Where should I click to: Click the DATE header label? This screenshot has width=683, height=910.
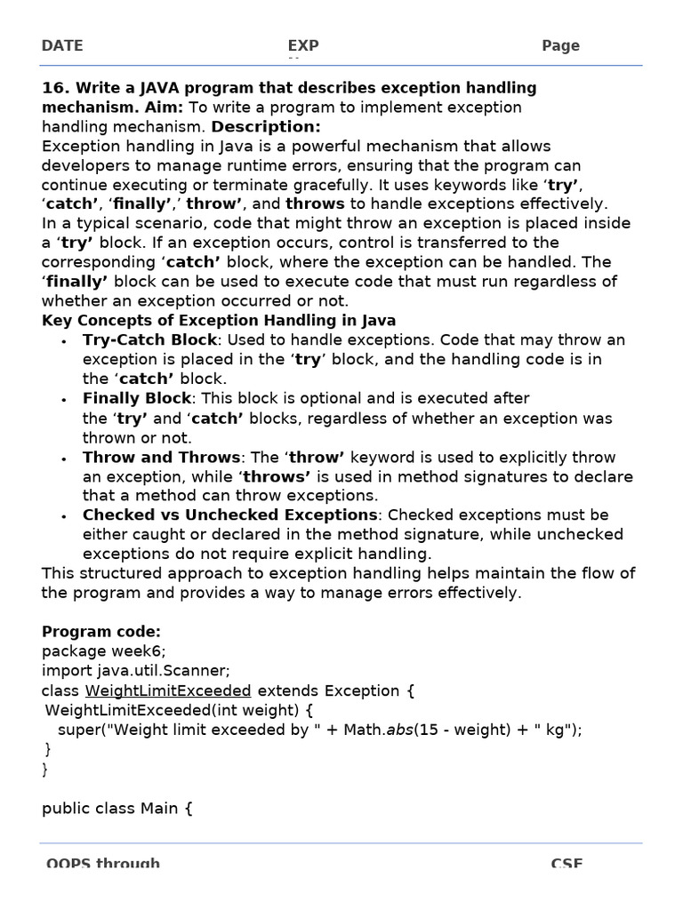[x=61, y=46]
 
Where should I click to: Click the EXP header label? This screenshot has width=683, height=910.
[x=303, y=46]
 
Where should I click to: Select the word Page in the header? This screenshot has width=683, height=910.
[x=560, y=46]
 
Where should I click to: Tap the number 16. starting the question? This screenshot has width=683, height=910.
[x=55, y=88]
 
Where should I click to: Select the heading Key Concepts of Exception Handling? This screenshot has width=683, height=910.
[x=219, y=321]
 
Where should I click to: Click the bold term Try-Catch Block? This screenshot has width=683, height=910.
[x=149, y=340]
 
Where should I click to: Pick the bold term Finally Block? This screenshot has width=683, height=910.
[x=137, y=398]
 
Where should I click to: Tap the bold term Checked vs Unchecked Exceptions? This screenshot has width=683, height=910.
[x=229, y=515]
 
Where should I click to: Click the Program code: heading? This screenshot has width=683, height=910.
[x=101, y=632]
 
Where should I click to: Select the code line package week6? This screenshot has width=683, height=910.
[x=103, y=651]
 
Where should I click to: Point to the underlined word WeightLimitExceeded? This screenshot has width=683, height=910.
[x=168, y=690]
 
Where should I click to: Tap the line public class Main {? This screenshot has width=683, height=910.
[x=117, y=809]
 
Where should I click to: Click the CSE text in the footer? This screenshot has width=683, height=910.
[x=566, y=864]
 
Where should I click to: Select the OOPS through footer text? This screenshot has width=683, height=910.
[x=103, y=864]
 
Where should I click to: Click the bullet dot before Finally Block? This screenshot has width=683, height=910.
[x=63, y=400]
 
